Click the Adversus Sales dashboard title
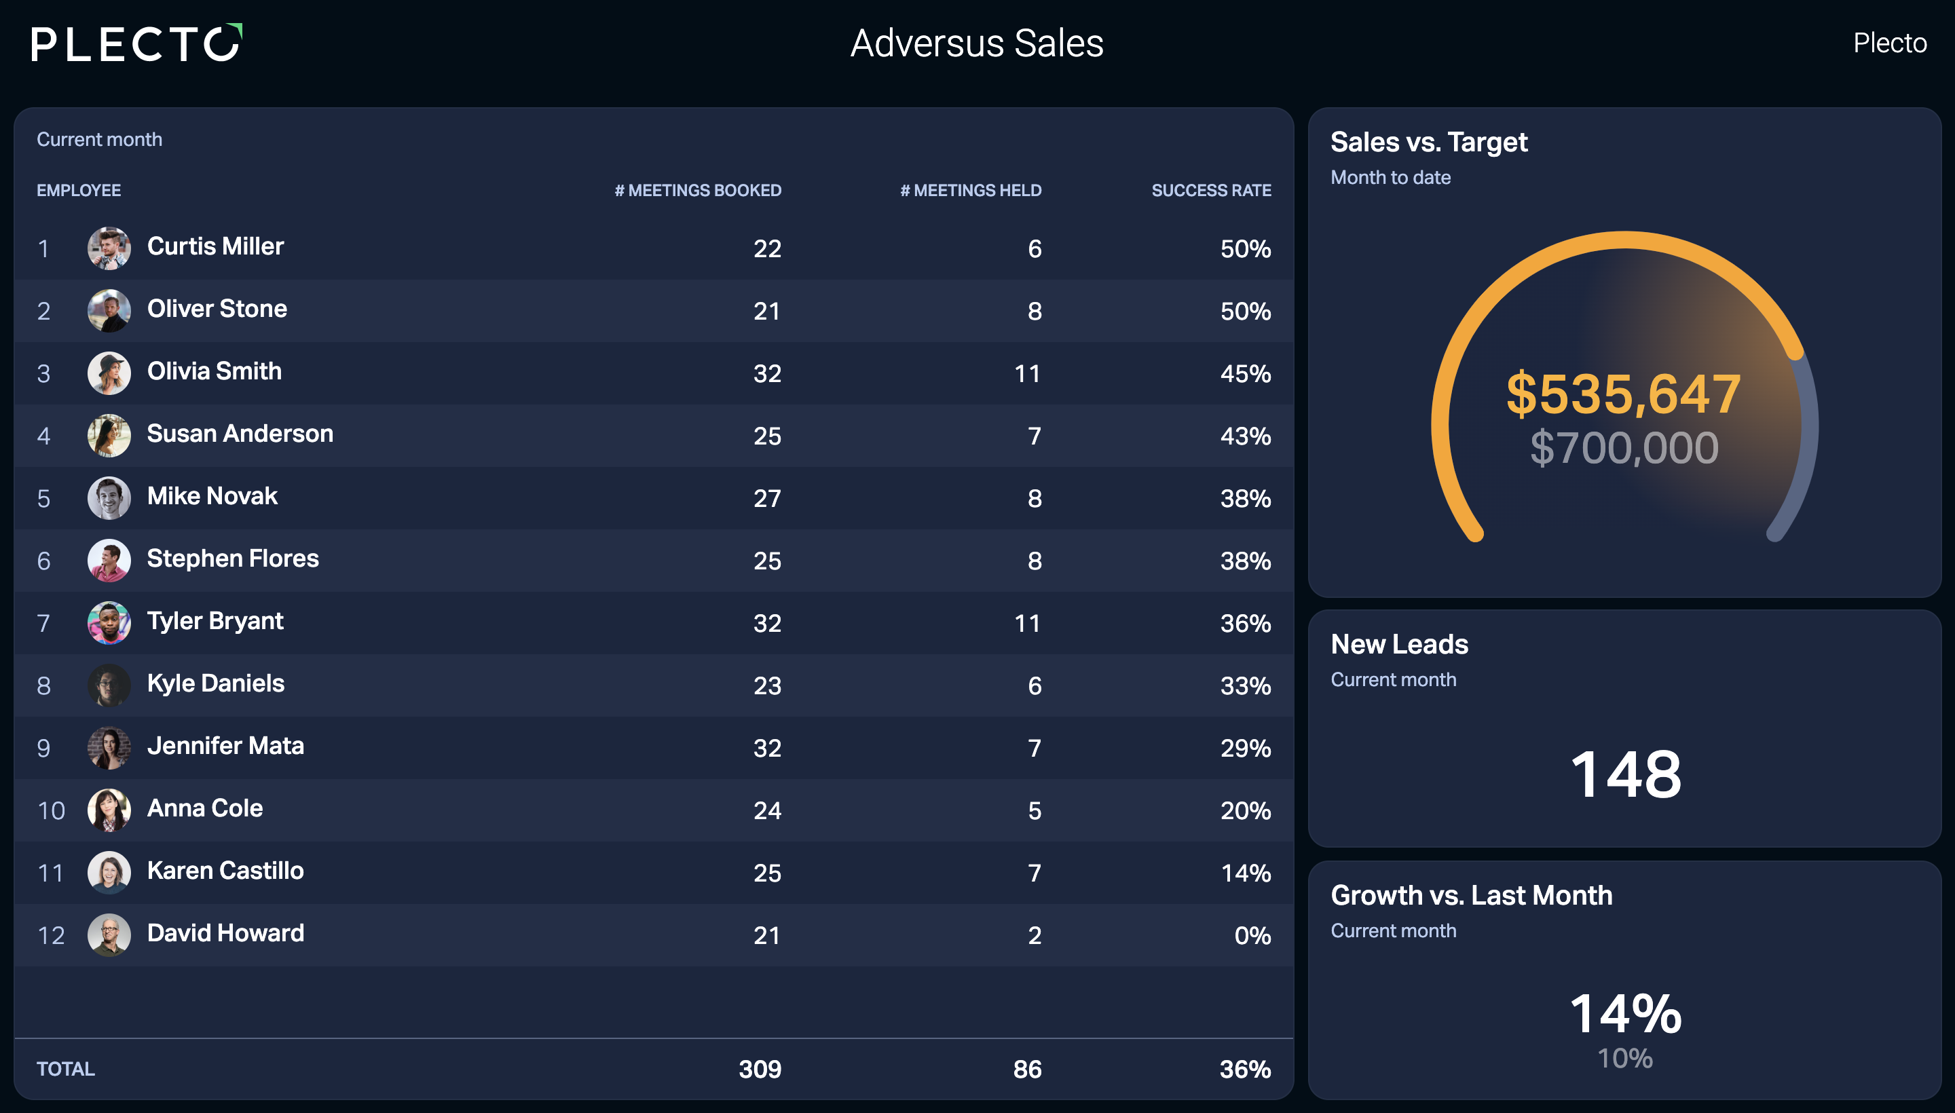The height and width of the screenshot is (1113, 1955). coord(977,43)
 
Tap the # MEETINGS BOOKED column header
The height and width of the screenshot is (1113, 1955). coord(698,190)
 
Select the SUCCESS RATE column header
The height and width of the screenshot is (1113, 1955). coord(1211,190)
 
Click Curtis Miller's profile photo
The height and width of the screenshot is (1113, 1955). coord(109,248)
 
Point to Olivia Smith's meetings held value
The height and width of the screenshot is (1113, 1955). coord(1028,374)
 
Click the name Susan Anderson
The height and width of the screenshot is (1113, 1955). coord(240,434)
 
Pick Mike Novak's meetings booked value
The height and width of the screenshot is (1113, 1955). coord(767,498)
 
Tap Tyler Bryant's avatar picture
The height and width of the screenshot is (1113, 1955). coord(109,623)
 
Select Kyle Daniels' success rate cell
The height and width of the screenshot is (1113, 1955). coord(1246,685)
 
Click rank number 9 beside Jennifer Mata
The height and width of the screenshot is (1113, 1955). coord(43,749)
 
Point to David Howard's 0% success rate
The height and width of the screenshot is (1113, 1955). coord(1252,936)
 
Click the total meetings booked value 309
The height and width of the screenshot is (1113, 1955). coord(760,1070)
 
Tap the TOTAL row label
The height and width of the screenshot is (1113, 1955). coord(66,1070)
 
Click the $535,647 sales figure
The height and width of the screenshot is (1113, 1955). coord(1624,394)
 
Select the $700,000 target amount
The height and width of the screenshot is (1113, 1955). coord(1624,448)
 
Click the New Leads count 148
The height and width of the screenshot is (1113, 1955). coord(1626,774)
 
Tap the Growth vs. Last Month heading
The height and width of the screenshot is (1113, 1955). coord(1472,895)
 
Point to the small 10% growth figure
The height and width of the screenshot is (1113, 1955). coord(1626,1059)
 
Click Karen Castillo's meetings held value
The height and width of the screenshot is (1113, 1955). coord(1035,873)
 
